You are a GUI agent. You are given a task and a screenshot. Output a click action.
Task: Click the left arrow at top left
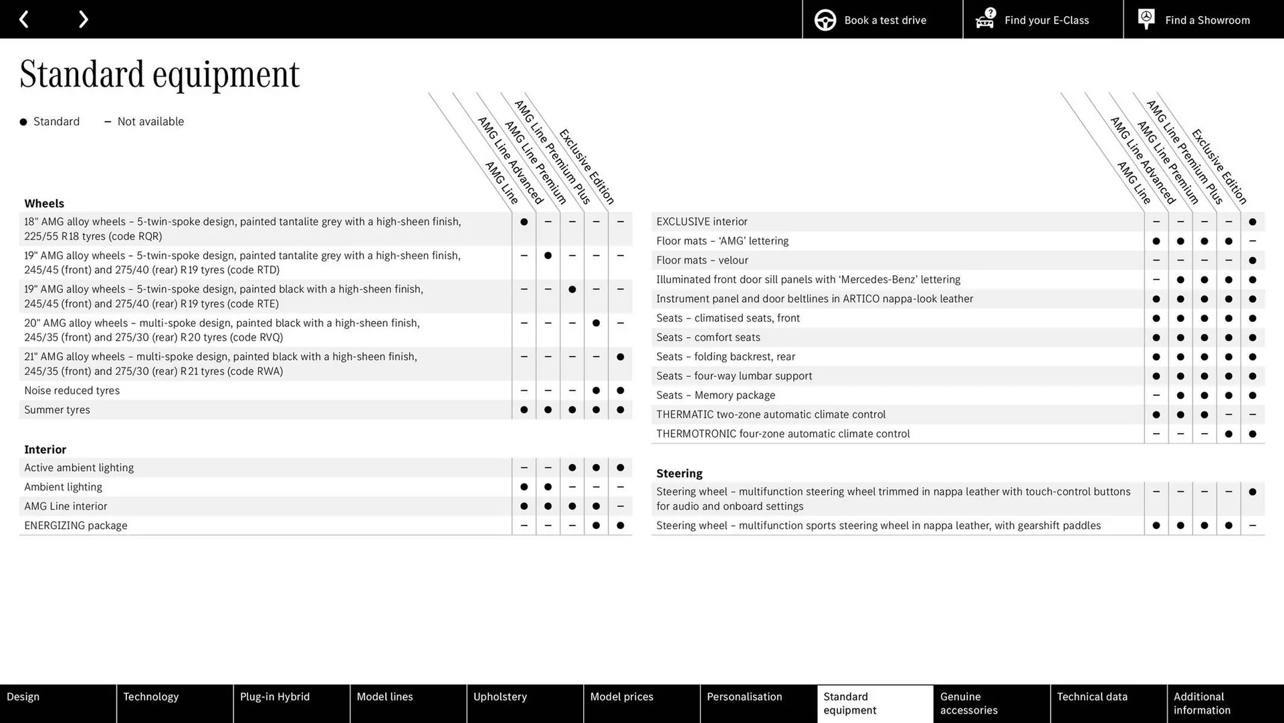pos(24,19)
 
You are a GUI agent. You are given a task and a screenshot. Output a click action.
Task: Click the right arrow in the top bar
pos(83,19)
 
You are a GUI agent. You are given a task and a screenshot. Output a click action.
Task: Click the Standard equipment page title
pos(159,74)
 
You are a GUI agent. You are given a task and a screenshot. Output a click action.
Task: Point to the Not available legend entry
pos(144,122)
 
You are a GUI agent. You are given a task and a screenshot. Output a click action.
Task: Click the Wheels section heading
pos(44,204)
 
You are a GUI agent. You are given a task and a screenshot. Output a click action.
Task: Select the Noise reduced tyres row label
pos(72,390)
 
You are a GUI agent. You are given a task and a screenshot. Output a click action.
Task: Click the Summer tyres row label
pos(57,410)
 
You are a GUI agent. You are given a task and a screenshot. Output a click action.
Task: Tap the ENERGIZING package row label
pos(76,526)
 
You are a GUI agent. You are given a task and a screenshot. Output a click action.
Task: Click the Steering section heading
pos(679,473)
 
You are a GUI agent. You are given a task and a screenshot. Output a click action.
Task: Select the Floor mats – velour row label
pos(702,260)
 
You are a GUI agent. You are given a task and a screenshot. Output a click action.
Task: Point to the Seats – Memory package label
pos(715,396)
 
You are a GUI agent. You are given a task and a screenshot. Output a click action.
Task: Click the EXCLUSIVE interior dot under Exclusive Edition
pos(1252,222)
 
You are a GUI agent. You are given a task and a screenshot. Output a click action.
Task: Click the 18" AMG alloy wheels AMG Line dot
pos(524,222)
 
